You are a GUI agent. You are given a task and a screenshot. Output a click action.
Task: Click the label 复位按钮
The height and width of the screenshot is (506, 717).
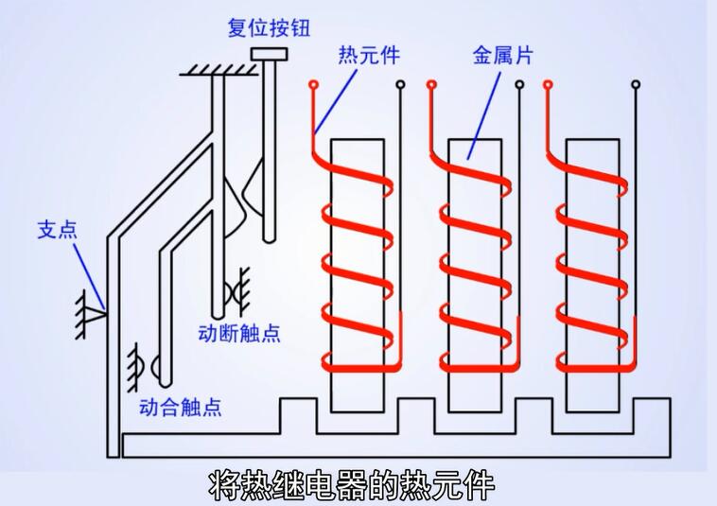click(x=269, y=27)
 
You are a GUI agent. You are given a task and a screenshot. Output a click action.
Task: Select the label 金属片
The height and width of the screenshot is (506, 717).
click(x=502, y=56)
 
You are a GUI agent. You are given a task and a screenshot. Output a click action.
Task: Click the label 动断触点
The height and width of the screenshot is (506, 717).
click(x=239, y=333)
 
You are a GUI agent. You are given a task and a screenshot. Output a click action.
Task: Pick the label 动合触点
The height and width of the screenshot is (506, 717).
click(x=180, y=408)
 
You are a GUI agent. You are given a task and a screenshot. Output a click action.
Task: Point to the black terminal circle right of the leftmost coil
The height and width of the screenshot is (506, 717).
click(x=401, y=86)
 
